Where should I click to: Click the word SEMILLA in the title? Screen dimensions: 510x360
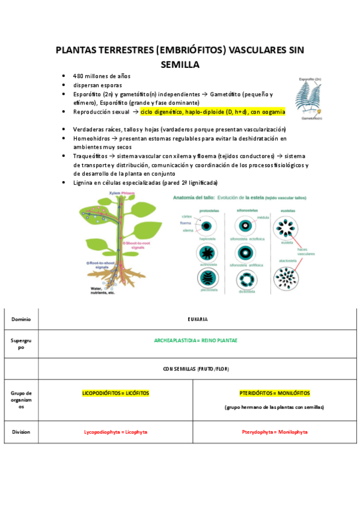[x=180, y=64]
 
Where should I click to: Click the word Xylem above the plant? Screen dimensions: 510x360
[x=115, y=193]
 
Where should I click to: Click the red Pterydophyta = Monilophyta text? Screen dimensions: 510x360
[x=275, y=432]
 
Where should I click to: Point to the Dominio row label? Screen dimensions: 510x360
[x=20, y=319]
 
